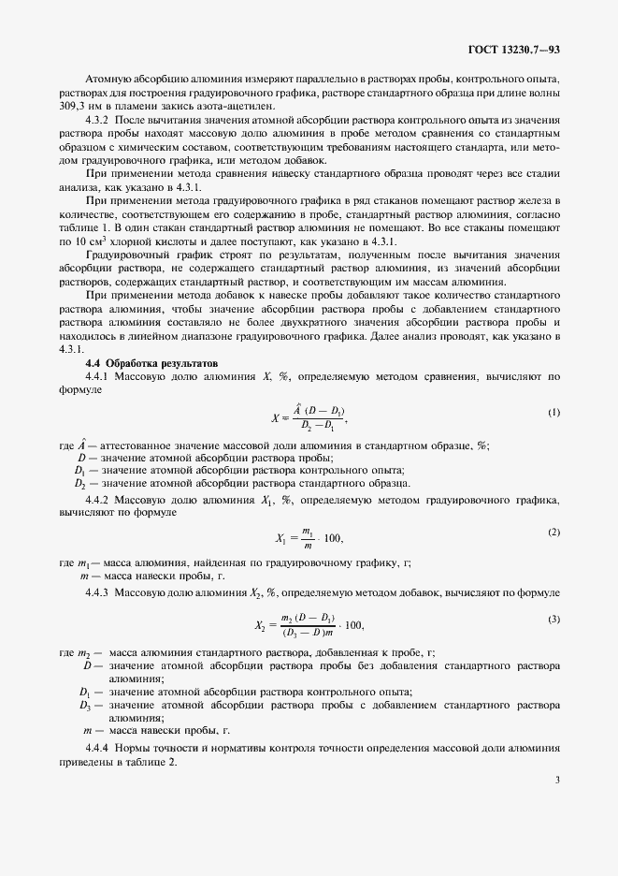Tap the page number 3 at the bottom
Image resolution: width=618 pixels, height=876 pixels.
(557, 779)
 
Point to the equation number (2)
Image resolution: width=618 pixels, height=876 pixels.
(553, 532)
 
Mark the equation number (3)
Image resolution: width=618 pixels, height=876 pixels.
(553, 620)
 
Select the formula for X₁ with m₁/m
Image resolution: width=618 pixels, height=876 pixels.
(309, 537)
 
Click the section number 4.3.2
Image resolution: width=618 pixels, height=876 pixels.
(99, 122)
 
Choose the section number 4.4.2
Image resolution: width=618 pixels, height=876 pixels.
(99, 502)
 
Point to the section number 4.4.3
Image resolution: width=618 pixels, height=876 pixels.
(99, 592)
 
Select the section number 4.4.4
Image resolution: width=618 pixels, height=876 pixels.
(99, 748)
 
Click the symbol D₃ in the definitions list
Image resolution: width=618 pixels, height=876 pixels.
(84, 704)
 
